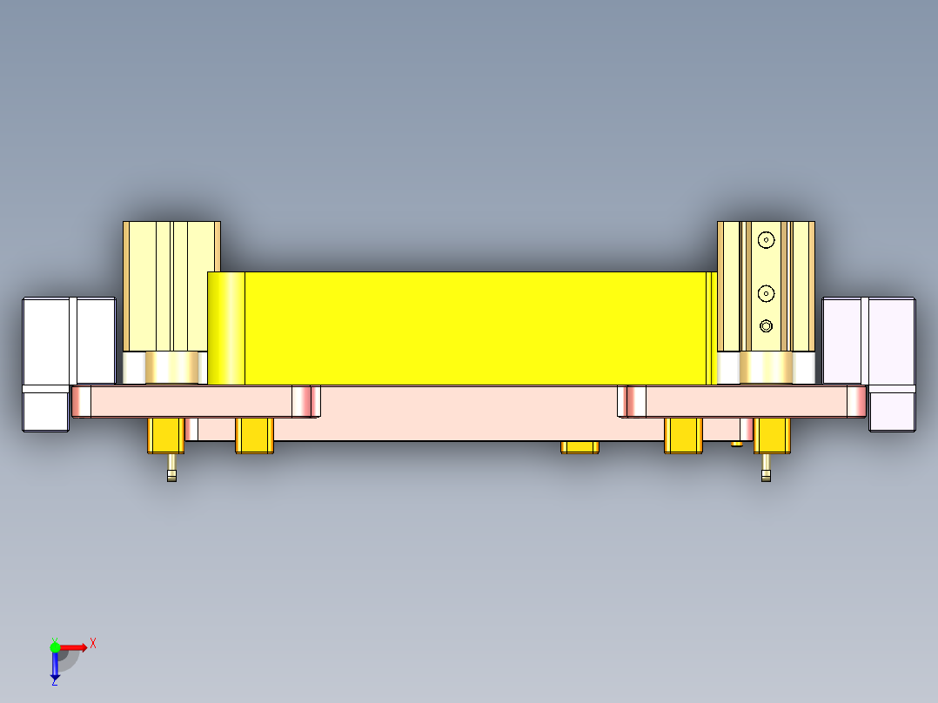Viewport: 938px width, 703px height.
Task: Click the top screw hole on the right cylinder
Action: tap(766, 239)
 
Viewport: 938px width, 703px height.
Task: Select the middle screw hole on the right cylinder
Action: tap(766, 292)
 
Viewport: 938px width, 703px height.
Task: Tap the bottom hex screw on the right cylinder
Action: tap(766, 326)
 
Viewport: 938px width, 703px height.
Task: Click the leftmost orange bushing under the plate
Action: tap(165, 435)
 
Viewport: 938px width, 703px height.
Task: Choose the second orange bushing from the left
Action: tap(255, 435)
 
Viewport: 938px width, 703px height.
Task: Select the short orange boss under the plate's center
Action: tap(580, 447)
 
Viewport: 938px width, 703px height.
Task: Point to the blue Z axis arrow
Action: tap(55, 666)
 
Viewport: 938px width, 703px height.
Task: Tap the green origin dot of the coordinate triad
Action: tap(55, 647)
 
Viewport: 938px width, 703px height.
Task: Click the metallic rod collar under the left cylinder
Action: tap(171, 366)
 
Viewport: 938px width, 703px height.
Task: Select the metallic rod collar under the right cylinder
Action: tap(766, 366)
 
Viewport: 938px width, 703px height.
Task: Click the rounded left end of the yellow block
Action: tap(225, 328)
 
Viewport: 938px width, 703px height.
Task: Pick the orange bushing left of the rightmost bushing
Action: tap(683, 435)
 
